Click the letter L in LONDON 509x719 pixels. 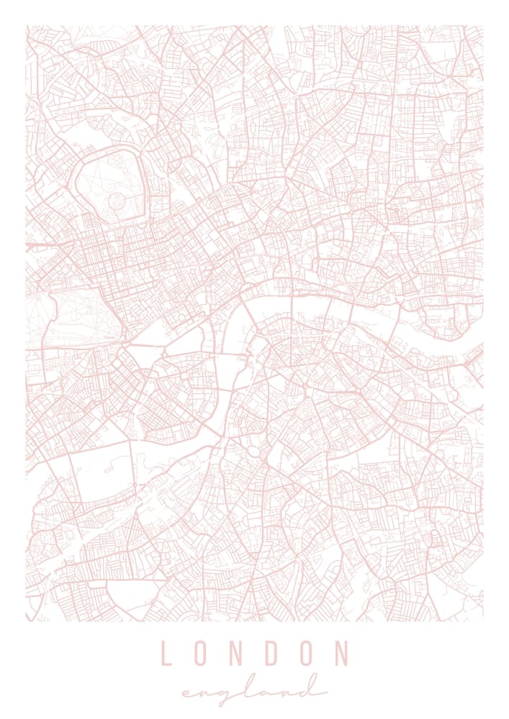tap(166, 654)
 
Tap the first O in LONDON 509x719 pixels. tap(200, 654)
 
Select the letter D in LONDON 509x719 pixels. tap(271, 654)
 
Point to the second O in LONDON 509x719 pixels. tap(305, 654)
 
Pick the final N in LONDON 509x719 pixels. tap(341, 654)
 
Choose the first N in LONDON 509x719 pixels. tap(235, 654)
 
